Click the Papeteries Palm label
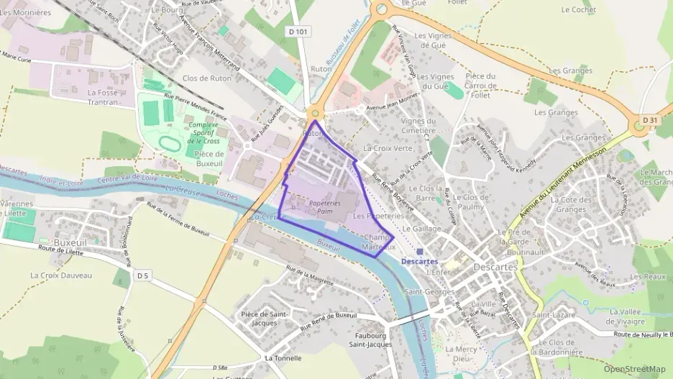click(x=324, y=207)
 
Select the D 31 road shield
click(x=650, y=119)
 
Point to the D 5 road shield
click(x=142, y=275)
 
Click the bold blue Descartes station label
click(x=420, y=261)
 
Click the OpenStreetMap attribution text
click(x=635, y=370)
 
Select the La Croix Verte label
click(x=388, y=148)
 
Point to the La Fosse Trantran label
click(x=102, y=97)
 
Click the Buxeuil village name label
click(x=70, y=243)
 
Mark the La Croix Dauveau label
click(x=61, y=275)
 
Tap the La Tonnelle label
click(x=283, y=358)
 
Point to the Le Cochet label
click(x=578, y=10)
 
